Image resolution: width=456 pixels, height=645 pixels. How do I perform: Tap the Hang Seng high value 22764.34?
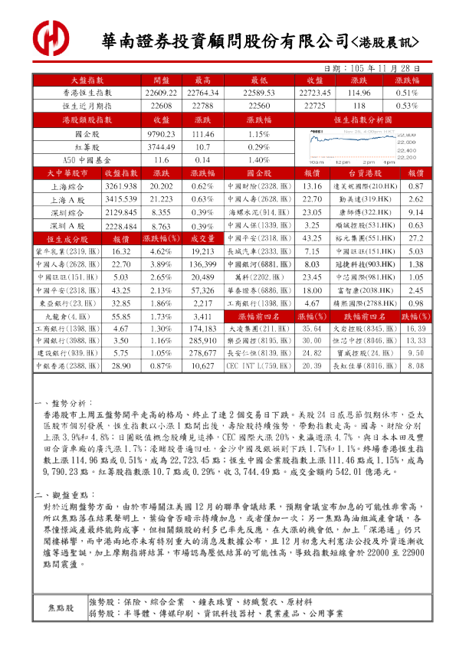tap(202, 93)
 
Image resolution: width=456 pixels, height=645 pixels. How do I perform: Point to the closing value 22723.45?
tap(313, 93)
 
